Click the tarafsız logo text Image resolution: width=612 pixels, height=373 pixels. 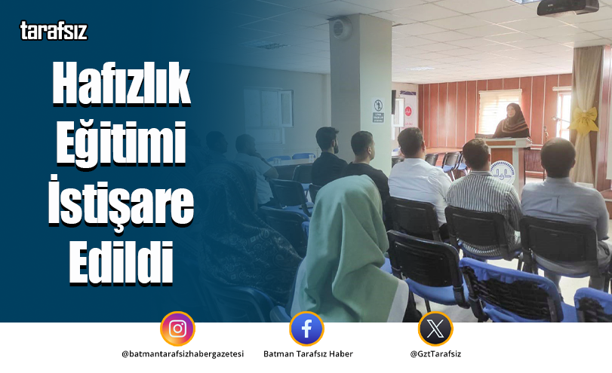[x=53, y=31]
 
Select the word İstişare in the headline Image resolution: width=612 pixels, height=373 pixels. [x=121, y=204]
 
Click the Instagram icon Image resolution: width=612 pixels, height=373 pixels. [x=177, y=329]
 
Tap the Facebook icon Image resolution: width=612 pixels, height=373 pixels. [x=306, y=329]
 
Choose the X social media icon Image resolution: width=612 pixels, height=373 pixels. [x=435, y=329]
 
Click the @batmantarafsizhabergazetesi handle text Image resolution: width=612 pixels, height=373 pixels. [x=183, y=354]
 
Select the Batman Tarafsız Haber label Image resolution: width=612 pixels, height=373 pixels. [x=308, y=354]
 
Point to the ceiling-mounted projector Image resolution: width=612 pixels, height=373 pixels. [x=567, y=7]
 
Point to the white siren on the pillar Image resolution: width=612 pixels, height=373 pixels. [x=340, y=29]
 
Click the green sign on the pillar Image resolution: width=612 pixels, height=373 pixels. [x=377, y=117]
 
